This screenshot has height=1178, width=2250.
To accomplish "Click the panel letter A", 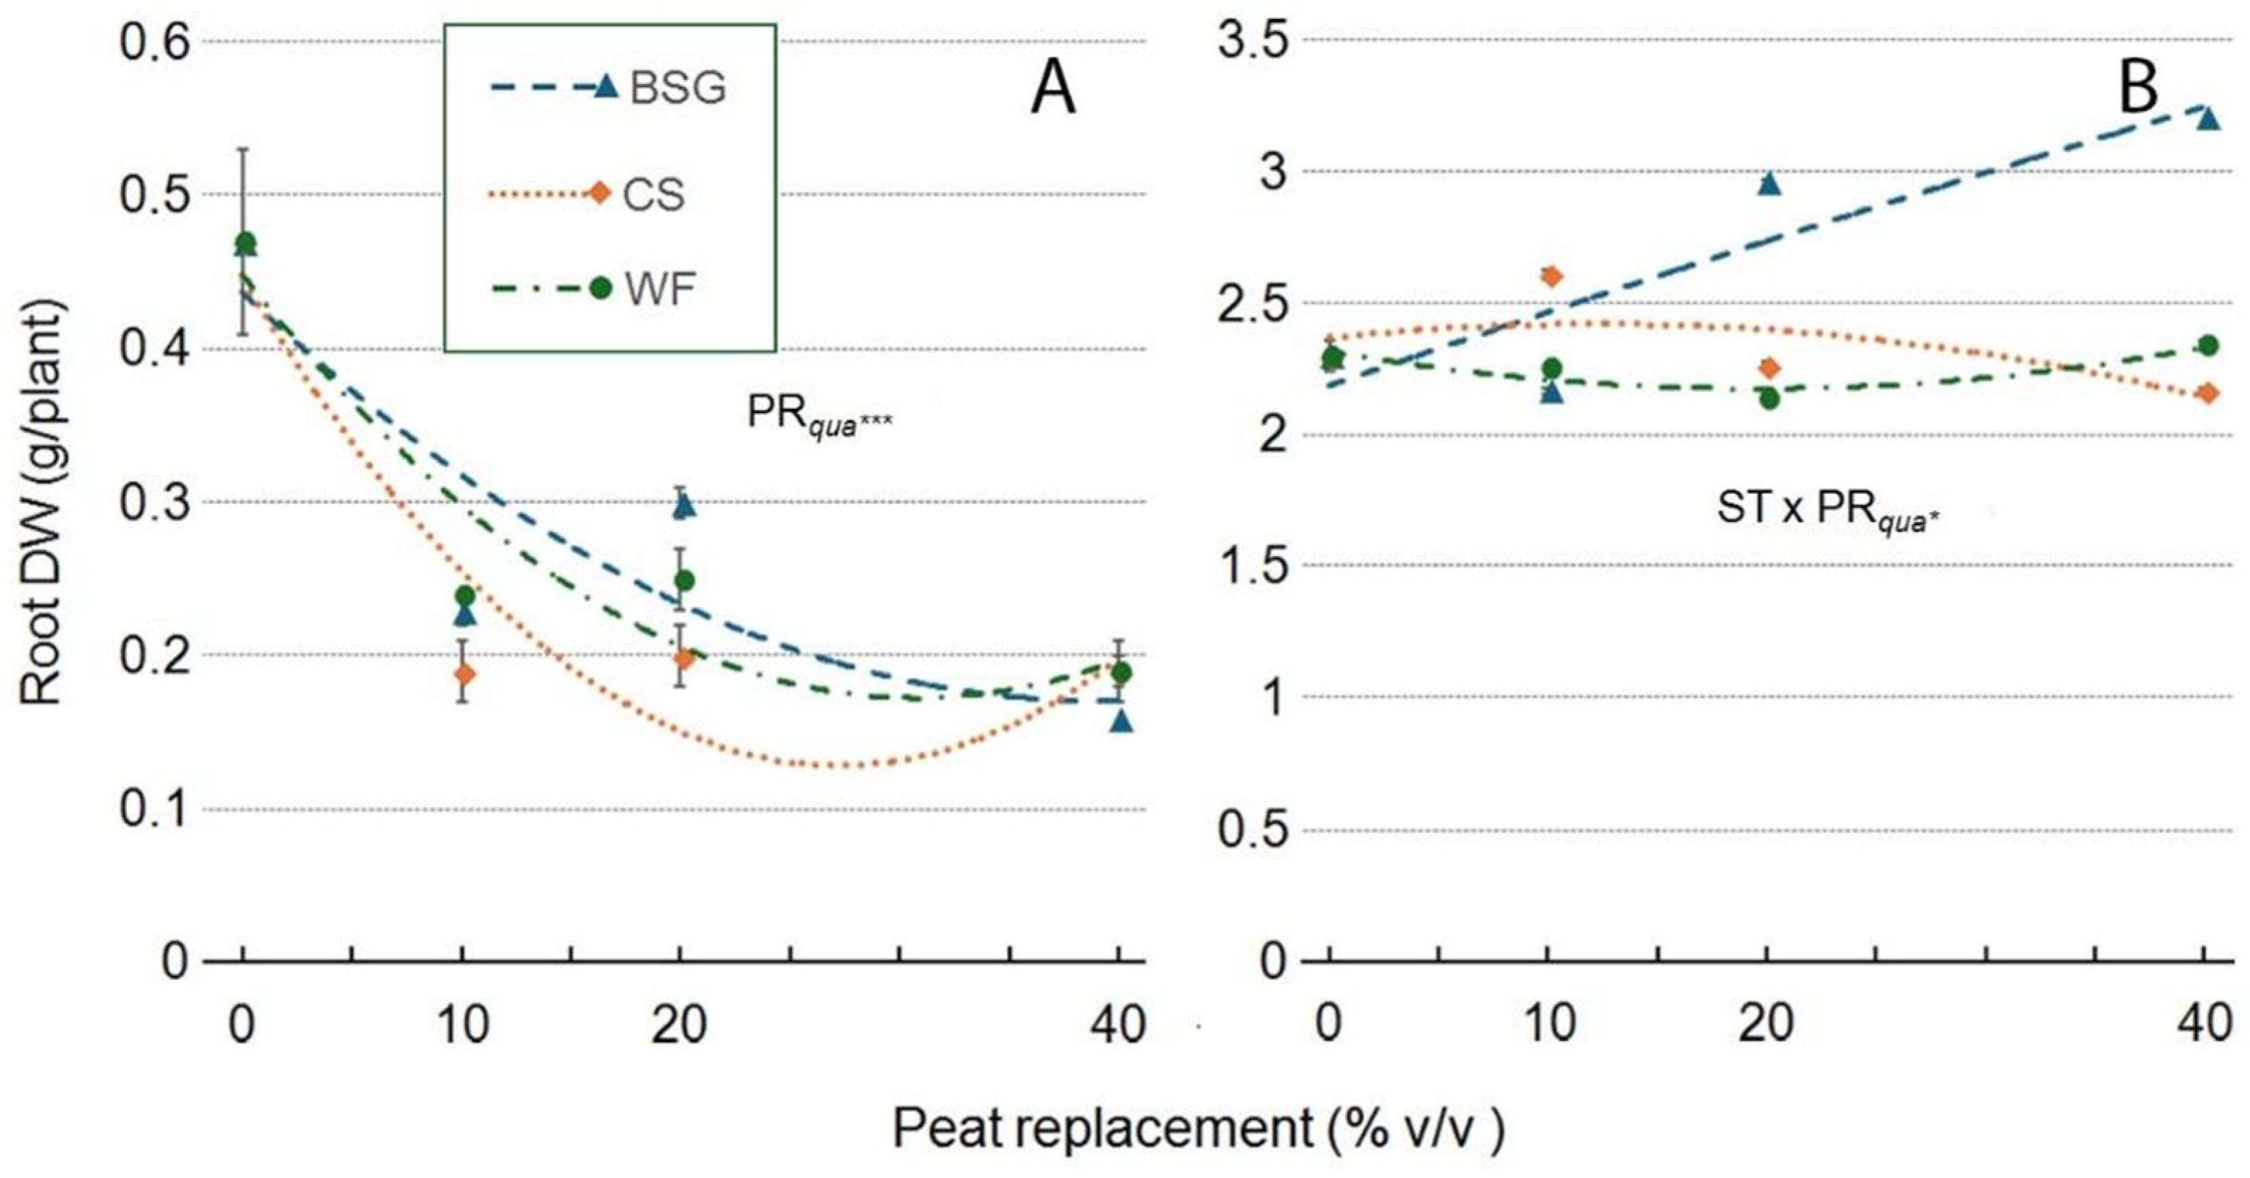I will point(1053,91).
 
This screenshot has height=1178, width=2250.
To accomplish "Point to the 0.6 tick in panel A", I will point(155,41).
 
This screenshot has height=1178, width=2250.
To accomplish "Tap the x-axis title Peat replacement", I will point(1196,1129).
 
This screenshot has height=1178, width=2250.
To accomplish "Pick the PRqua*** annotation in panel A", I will point(819,413).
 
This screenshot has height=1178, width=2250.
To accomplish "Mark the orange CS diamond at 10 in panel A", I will point(465,674).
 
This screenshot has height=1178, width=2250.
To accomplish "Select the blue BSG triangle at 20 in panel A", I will point(684,506).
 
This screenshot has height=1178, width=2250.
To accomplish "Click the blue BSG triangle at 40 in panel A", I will point(1121,721).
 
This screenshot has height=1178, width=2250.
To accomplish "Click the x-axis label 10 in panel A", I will point(463,1024).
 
